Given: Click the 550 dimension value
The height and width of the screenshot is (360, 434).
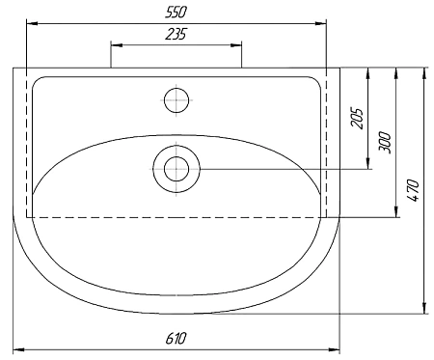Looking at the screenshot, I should click(176, 12).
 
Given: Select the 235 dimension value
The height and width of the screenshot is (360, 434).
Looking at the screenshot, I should click(176, 34).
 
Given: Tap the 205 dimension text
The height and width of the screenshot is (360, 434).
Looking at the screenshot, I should click(357, 118).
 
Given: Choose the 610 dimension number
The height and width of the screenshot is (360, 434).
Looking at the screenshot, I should click(176, 338).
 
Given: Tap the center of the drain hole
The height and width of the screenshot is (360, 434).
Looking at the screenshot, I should click(176, 169).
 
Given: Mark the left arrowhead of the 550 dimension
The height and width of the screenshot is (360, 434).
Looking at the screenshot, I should click(28, 23).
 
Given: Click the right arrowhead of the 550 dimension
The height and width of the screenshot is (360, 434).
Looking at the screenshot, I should click(323, 23).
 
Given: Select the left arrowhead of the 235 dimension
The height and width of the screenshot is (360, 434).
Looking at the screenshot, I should click(115, 44).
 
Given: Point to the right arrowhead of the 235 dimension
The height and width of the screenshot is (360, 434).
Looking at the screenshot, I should click(237, 44).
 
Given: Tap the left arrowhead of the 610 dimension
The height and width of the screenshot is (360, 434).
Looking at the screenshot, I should click(16, 348).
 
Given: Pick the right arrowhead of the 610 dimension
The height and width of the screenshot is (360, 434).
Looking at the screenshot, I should click(337, 348).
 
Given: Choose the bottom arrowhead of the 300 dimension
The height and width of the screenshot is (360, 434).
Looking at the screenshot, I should click(395, 213).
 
